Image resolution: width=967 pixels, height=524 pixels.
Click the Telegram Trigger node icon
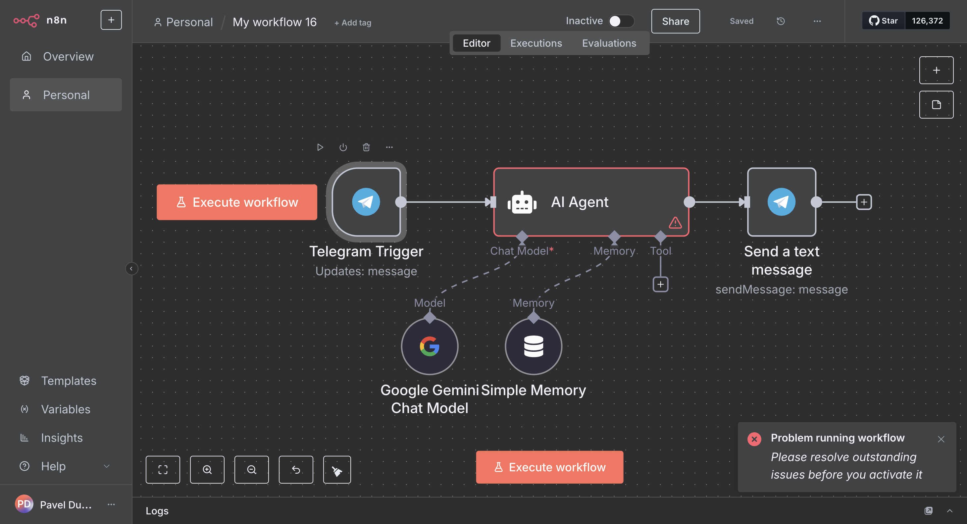366,202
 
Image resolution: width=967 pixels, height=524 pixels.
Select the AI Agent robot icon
522,203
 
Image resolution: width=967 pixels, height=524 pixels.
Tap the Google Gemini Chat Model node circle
430,346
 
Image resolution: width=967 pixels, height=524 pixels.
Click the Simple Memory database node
533,346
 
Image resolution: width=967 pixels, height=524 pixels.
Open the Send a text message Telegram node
781,202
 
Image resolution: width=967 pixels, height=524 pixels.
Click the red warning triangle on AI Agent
675,223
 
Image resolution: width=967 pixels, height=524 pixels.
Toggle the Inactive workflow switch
621,21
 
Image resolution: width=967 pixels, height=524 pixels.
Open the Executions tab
536,43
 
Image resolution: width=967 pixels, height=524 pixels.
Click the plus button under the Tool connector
660,284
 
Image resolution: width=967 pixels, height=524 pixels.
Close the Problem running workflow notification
941,439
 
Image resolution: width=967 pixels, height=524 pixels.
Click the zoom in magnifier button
207,470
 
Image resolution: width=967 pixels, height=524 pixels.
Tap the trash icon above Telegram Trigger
366,147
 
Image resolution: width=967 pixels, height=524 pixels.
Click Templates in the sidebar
68,381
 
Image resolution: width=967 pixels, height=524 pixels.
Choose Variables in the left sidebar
65,409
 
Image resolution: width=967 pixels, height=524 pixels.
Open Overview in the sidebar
68,56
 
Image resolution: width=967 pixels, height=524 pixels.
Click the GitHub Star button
883,21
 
